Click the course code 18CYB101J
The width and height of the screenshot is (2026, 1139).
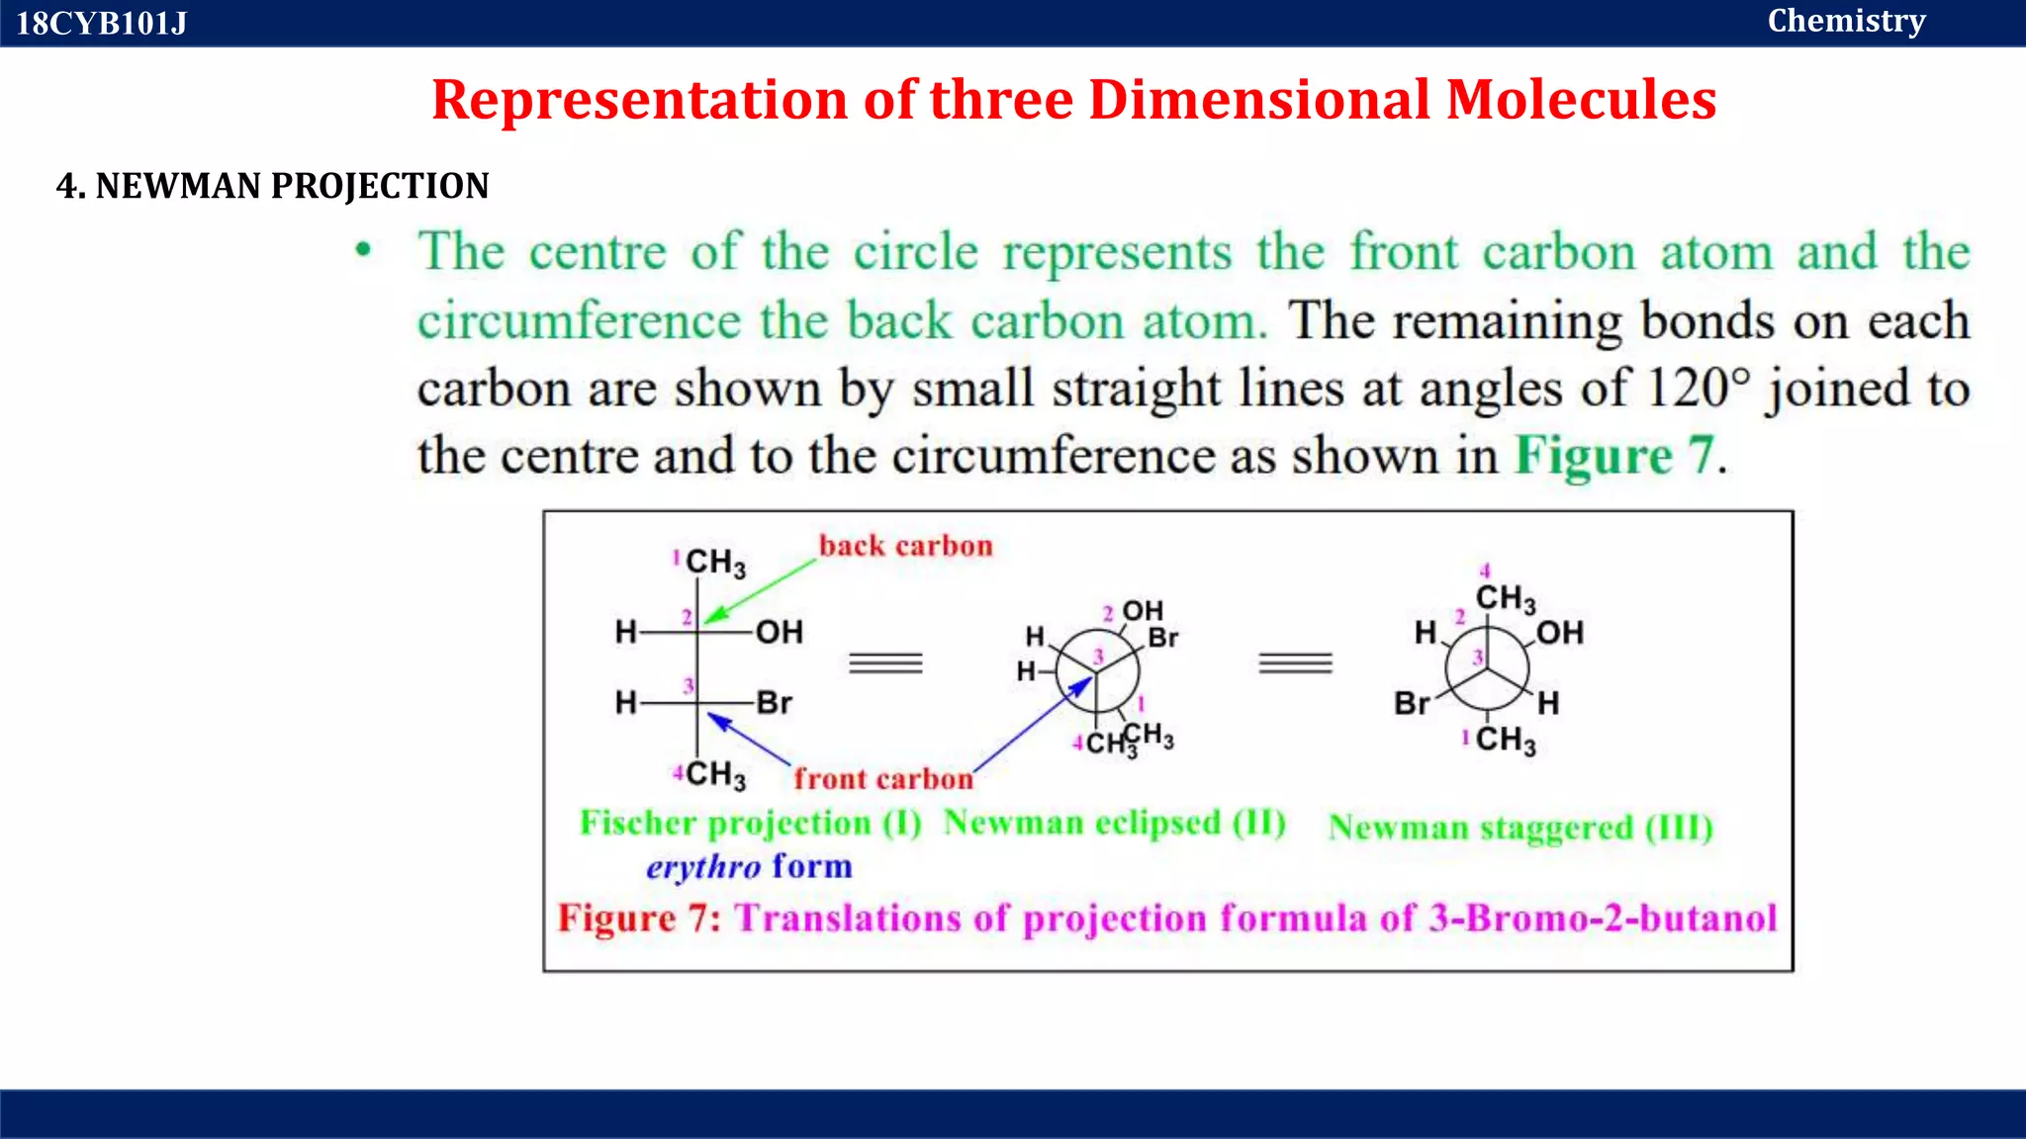[x=101, y=23]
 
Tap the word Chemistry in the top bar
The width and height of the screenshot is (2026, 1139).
[x=1846, y=21]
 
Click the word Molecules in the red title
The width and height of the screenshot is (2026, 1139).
[x=1581, y=100]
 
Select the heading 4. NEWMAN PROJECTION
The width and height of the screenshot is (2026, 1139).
[x=272, y=186]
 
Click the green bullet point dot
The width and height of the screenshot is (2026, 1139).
[x=364, y=250]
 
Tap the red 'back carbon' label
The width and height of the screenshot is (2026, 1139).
[x=905, y=546]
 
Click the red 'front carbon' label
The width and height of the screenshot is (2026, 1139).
[x=883, y=779]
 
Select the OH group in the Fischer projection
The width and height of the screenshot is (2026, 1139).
[x=780, y=632]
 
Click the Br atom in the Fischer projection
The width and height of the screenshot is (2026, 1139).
[x=775, y=703]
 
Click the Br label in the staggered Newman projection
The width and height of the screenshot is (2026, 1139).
[x=1412, y=703]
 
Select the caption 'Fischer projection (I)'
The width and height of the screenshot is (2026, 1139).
[x=750, y=823]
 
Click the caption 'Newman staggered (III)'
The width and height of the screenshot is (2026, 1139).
[x=1520, y=827]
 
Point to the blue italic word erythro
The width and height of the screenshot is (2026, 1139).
[x=703, y=867]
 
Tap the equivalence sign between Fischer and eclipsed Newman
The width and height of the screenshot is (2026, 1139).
[x=885, y=662]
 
